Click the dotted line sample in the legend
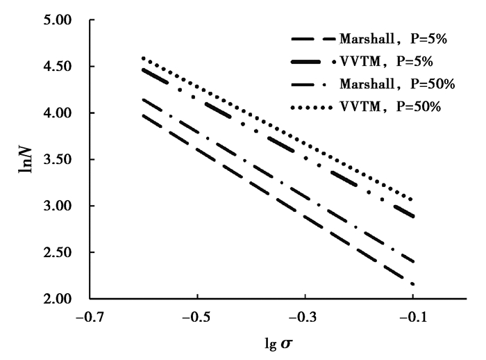(x=311, y=107)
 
